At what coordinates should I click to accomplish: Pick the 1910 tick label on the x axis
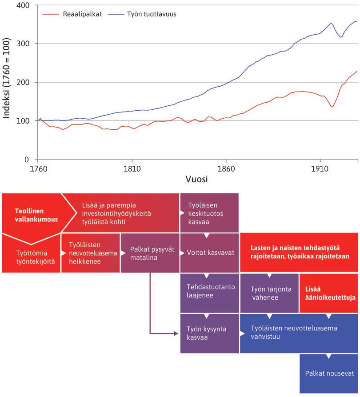(x=320, y=169)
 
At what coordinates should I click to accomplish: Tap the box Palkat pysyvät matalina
(x=150, y=253)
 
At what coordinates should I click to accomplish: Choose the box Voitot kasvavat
(x=209, y=253)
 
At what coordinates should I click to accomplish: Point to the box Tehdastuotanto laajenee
(x=209, y=291)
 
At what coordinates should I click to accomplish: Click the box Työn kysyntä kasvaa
(x=209, y=333)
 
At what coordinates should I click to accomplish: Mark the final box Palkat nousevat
(x=329, y=373)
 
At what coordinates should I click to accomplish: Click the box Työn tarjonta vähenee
(x=269, y=293)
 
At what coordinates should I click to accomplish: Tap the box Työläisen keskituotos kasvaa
(x=209, y=212)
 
